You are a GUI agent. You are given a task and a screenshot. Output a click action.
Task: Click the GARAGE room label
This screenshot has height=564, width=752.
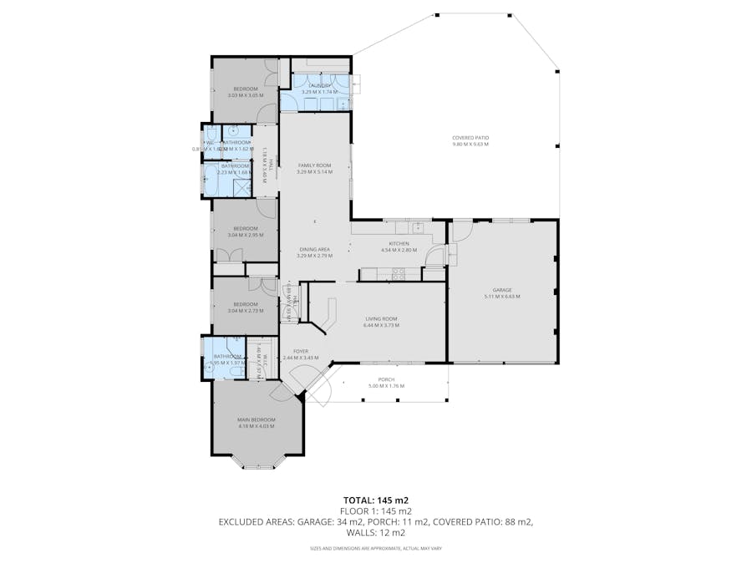pos(501,289)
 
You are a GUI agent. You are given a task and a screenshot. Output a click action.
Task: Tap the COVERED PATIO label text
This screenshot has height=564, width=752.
pos(470,137)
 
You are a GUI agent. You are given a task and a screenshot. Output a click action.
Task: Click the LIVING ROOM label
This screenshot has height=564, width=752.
pos(381,318)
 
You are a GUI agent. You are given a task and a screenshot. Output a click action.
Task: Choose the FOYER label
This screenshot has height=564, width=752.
pos(301,351)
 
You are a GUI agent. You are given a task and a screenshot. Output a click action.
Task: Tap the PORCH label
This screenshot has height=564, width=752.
pos(386,379)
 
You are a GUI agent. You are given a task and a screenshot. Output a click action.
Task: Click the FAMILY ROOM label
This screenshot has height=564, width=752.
pos(315,165)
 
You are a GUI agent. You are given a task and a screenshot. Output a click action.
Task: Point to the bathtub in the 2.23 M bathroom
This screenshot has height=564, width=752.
pos(211,179)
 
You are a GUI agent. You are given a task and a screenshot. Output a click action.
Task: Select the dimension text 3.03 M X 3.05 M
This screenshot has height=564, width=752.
pos(245,95)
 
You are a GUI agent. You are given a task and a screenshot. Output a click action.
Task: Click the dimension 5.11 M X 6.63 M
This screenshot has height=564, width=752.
pos(501,296)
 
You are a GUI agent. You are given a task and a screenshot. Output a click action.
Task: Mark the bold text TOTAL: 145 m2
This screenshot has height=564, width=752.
pos(375,500)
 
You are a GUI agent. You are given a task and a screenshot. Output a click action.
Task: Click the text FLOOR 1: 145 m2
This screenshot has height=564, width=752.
pos(375,511)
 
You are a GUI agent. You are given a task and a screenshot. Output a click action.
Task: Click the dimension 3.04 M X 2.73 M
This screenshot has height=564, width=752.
pos(245,311)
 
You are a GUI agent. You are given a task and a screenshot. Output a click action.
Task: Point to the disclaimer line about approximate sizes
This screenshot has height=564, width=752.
pos(375,548)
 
